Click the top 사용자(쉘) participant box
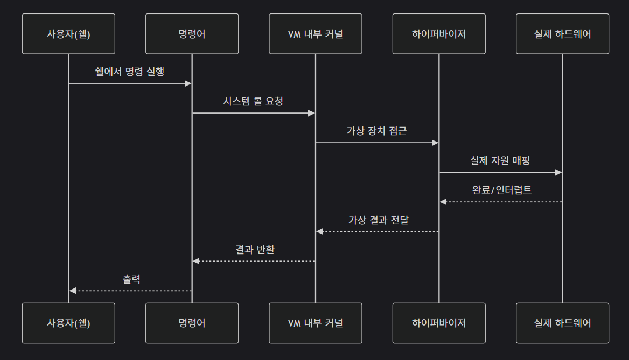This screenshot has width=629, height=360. (68, 34)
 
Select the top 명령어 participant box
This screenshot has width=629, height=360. (192, 34)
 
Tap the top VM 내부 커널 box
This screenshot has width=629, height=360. (316, 34)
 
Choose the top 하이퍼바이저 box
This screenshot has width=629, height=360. (439, 34)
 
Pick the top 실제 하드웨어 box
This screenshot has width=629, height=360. (562, 34)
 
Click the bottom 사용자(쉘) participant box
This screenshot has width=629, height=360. (68, 323)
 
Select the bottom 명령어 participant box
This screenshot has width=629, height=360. (192, 323)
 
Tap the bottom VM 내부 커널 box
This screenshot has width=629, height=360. (316, 323)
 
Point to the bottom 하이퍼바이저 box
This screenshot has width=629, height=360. (439, 323)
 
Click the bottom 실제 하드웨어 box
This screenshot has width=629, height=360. (562, 323)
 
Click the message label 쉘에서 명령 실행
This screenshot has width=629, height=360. (130, 72)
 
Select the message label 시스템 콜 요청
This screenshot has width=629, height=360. (253, 101)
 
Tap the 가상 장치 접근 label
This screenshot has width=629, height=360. (377, 131)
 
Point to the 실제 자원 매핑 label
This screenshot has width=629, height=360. (500, 160)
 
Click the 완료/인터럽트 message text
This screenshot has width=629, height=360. (500, 190)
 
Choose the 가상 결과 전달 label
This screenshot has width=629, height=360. (377, 220)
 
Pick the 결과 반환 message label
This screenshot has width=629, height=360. (253, 249)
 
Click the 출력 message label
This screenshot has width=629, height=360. (130, 279)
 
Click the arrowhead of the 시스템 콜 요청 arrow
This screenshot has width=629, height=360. (311, 113)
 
